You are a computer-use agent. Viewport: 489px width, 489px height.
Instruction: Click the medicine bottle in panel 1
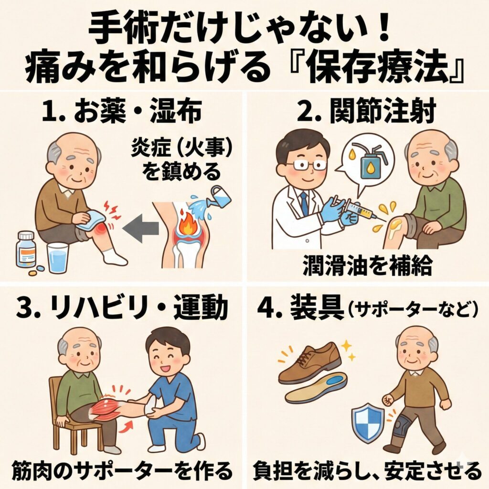(x=26, y=249)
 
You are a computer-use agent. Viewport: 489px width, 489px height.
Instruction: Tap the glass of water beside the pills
(x=58, y=258)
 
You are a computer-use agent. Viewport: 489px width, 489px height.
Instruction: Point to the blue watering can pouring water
(x=220, y=197)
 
